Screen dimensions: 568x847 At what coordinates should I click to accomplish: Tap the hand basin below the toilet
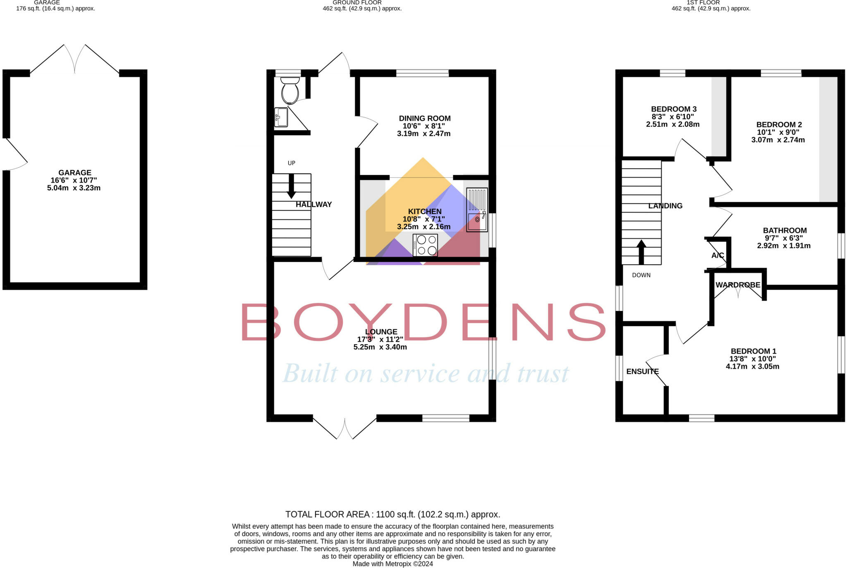coord(281,117)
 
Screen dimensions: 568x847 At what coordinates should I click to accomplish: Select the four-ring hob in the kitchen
coord(425,245)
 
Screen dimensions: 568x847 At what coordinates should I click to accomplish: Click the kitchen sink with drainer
coord(477,210)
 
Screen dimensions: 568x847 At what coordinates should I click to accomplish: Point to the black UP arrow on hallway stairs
coord(291,186)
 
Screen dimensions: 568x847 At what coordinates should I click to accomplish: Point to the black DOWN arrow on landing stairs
coord(641,252)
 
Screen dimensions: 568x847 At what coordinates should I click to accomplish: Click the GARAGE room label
coord(75,173)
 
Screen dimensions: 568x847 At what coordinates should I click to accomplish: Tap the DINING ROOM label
coord(424,119)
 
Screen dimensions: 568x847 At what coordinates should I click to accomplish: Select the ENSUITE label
coord(642,371)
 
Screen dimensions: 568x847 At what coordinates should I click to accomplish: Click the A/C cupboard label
coord(718,255)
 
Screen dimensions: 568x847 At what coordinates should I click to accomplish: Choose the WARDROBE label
coord(738,285)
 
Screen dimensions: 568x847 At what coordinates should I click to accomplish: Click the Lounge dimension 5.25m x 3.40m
coord(380,347)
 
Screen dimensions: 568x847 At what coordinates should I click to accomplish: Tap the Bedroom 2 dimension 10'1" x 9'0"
coord(778,132)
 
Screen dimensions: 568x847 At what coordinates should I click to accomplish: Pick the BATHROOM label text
coord(785,231)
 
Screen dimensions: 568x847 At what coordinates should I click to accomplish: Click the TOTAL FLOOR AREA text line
coord(392,514)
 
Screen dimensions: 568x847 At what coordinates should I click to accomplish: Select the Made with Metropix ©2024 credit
coord(392,563)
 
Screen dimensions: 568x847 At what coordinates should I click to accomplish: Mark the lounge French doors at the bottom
coord(345,428)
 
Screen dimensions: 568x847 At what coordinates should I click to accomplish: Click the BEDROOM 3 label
coord(674,109)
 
